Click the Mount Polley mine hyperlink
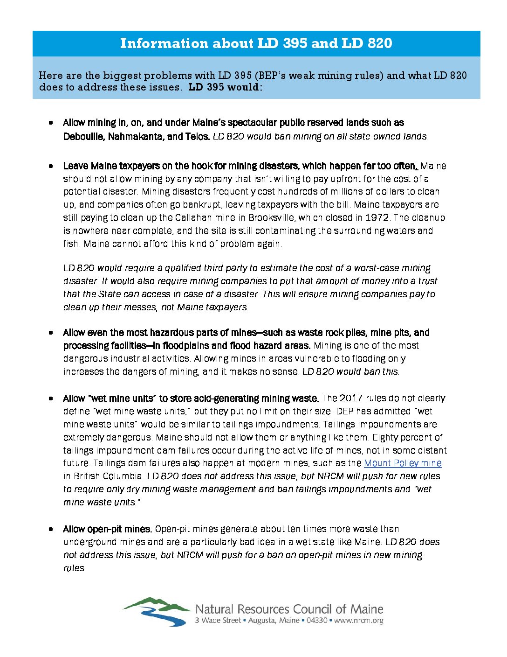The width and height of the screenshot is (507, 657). click(x=403, y=463)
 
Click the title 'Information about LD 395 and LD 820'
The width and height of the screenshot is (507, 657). click(x=256, y=43)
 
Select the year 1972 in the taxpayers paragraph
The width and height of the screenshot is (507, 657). click(x=377, y=218)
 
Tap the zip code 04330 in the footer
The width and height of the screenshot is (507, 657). click(x=317, y=621)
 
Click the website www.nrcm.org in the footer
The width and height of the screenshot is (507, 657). click(x=359, y=621)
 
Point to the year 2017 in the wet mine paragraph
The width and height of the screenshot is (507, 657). click(x=351, y=398)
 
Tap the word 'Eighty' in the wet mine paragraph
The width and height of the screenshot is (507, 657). click(x=385, y=438)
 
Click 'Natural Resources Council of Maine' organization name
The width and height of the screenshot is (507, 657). click(x=289, y=609)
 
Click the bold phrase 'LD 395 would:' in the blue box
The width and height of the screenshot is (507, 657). click(x=225, y=87)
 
